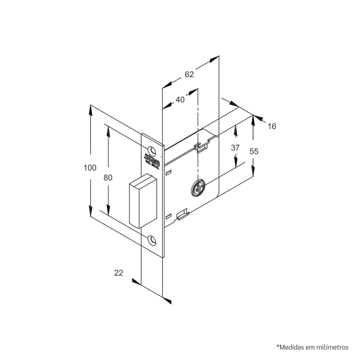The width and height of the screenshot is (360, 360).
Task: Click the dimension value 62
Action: [x=189, y=75]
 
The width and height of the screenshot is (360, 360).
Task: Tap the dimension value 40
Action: [x=180, y=99]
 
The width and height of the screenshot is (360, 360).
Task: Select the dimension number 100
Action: [x=90, y=168]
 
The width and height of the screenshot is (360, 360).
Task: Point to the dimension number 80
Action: [x=108, y=178]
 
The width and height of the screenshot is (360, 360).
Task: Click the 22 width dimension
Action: [x=119, y=273]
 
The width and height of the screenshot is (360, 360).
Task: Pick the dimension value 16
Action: [x=272, y=126]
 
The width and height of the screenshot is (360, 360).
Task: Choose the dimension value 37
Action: [x=235, y=148]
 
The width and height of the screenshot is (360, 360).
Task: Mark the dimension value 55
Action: [x=254, y=151]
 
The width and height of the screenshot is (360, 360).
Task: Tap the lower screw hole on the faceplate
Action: [x=152, y=239]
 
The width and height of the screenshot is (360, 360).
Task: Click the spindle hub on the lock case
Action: [x=198, y=188]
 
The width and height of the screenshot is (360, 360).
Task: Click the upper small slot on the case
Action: [x=168, y=173]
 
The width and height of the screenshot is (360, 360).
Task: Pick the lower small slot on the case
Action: [x=168, y=216]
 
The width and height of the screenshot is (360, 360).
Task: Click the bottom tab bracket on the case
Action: [x=183, y=214]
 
